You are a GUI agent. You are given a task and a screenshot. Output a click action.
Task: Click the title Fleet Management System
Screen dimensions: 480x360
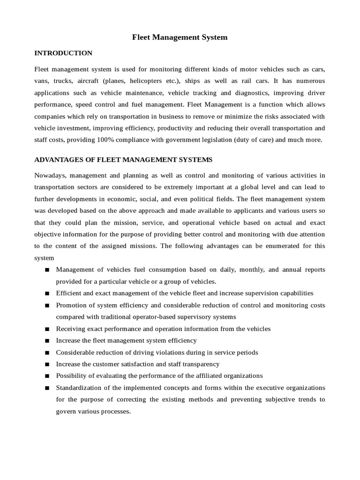click(180, 37)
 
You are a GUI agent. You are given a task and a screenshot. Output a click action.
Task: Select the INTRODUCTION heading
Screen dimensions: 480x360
click(63, 53)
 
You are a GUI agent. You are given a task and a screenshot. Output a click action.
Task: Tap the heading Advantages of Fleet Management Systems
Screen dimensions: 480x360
click(123, 160)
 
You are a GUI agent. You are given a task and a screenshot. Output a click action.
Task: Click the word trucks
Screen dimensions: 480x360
click(60, 81)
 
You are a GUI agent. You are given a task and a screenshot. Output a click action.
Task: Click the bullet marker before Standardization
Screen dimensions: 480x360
click(47, 388)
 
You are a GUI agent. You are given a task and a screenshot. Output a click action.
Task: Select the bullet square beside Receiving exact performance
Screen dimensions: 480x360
click(47, 329)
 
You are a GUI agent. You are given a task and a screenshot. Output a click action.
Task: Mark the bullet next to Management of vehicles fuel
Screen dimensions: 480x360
click(47, 270)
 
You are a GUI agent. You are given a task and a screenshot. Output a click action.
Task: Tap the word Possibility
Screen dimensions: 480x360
click(71, 375)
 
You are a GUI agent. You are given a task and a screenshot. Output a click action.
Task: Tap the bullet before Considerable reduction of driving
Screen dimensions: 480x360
click(47, 352)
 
